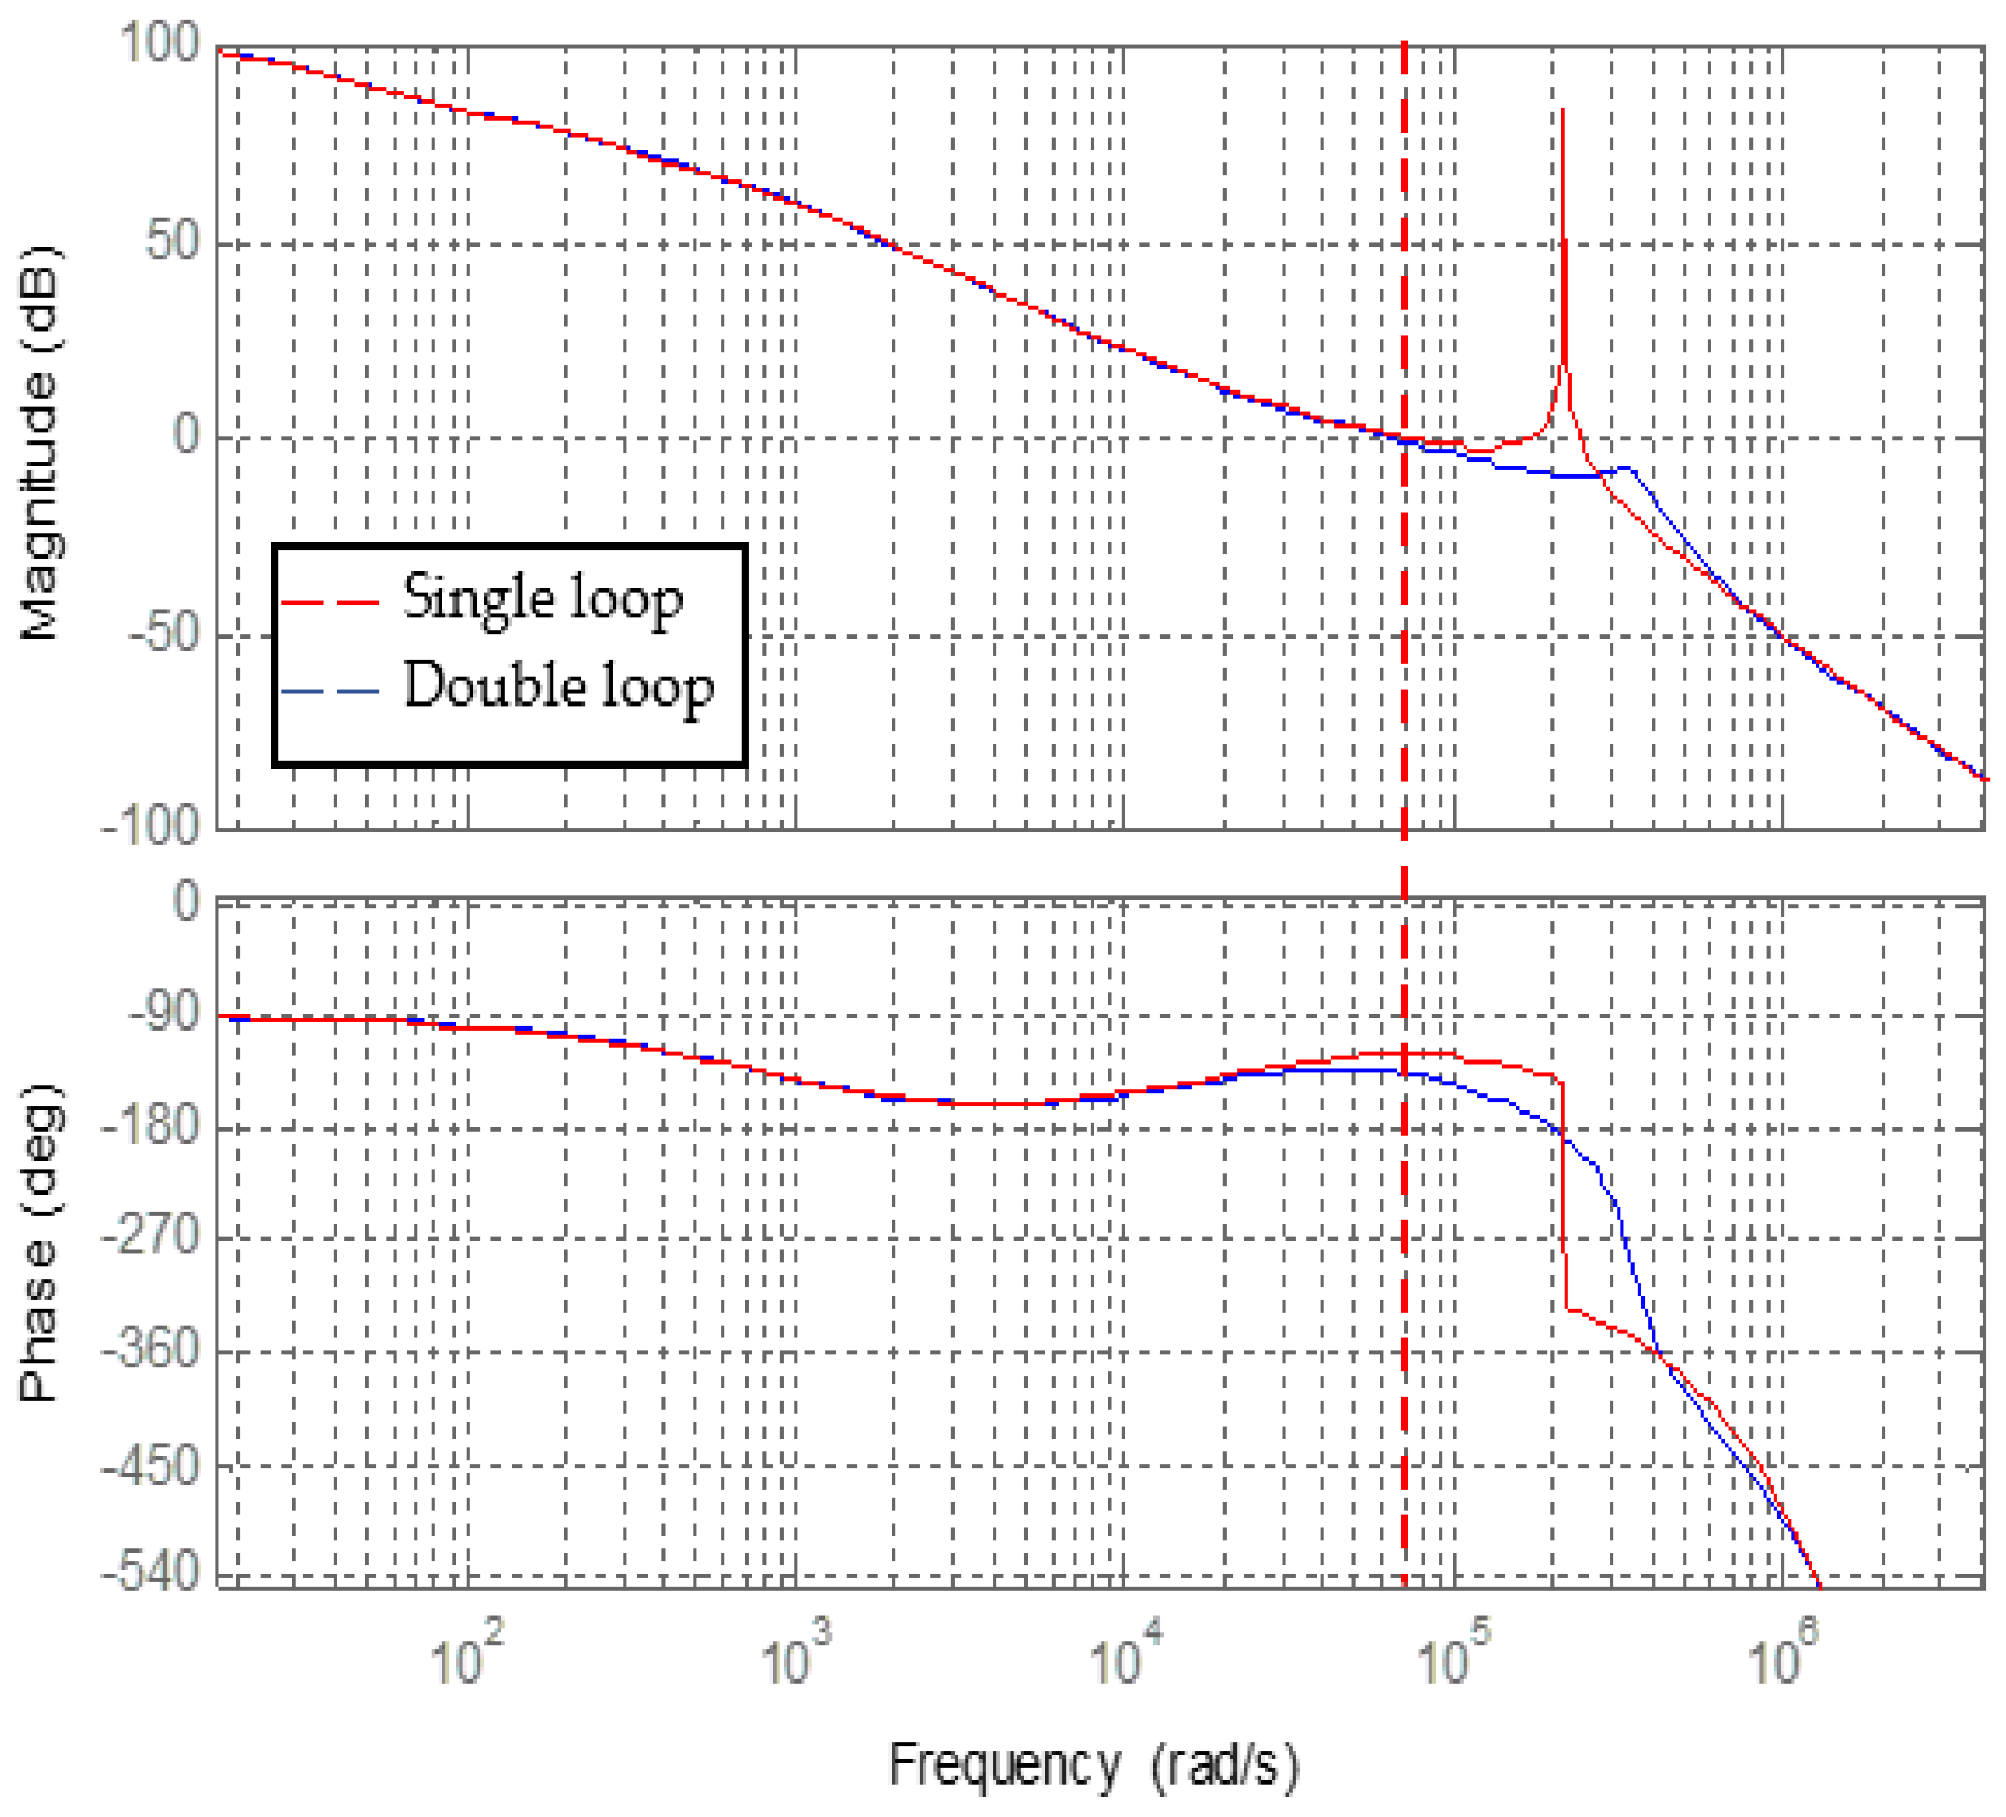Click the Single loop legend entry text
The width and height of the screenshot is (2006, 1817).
[542, 600]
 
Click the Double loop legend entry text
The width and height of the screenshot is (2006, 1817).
[558, 687]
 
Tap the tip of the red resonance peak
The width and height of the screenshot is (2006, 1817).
[1563, 110]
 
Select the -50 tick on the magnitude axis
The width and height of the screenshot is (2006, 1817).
[163, 633]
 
